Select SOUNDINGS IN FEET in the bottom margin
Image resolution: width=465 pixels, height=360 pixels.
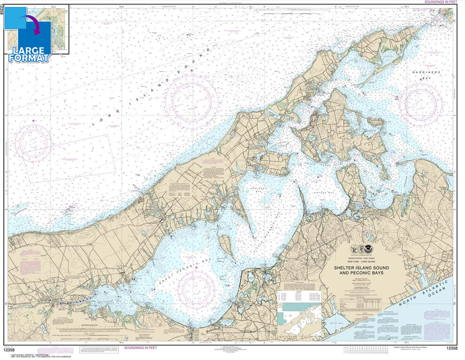(141, 348)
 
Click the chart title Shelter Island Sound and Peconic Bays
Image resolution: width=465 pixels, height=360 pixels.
(361, 270)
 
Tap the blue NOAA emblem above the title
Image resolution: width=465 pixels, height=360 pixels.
(369, 249)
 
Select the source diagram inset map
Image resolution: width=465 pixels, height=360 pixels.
(299, 319)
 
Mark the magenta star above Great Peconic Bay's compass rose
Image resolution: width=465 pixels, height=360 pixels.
(197, 268)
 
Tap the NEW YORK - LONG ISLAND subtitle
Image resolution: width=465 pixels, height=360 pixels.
(361, 262)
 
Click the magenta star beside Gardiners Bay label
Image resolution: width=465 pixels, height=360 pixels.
(421, 79)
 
